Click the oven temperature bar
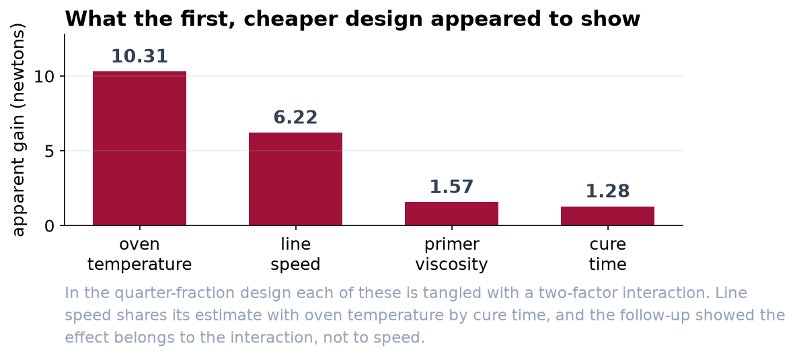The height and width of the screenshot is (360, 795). point(139,148)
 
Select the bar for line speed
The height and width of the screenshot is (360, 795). point(295,178)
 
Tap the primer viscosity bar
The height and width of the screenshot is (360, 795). point(452,213)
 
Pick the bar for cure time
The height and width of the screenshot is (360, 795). point(607,215)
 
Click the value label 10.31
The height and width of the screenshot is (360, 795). point(139,57)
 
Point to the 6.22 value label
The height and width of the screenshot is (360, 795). point(295,118)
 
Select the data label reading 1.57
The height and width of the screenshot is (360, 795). point(452,187)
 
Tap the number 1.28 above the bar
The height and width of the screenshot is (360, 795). point(607,192)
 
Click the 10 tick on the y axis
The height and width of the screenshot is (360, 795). point(44,77)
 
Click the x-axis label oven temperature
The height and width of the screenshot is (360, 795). point(139,254)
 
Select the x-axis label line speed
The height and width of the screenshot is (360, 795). point(295,254)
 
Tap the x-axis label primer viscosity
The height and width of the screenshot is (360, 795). point(452,254)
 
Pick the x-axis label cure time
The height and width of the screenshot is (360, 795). point(607,254)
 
